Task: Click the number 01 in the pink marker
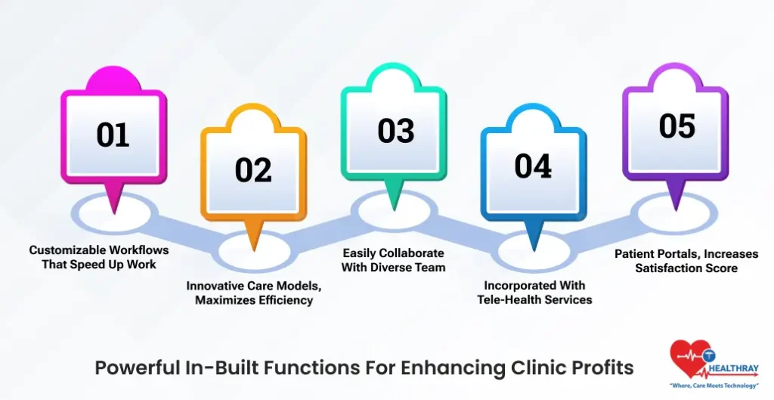113,135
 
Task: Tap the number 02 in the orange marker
253,170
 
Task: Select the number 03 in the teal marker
396,131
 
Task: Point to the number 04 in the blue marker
534,167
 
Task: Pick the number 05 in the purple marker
676,126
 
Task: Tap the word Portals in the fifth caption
676,254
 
